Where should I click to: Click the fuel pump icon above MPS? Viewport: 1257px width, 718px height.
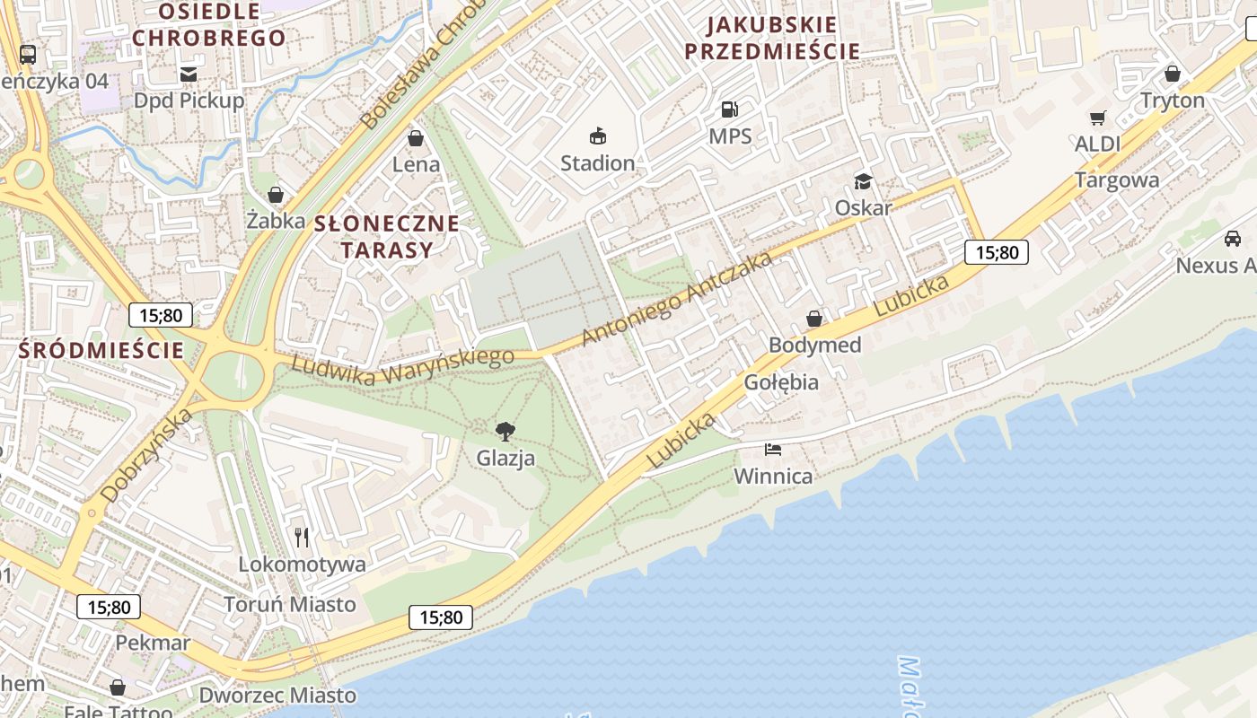click(729, 109)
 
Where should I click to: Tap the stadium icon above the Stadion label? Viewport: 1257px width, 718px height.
click(597, 136)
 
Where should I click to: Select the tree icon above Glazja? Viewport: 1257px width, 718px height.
click(505, 431)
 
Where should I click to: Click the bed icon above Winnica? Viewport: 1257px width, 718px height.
click(773, 449)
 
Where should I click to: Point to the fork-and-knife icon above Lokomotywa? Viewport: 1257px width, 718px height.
click(302, 538)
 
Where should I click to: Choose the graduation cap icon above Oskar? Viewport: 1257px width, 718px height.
click(863, 181)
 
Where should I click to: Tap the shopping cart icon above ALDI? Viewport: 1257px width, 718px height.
click(1097, 118)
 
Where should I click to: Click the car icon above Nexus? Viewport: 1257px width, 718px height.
click(1233, 239)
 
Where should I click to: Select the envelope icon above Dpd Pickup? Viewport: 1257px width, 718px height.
click(189, 74)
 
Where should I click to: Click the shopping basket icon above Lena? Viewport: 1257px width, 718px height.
click(416, 138)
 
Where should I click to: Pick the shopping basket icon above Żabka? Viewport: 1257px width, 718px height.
click(276, 195)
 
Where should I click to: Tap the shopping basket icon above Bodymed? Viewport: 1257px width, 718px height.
click(814, 319)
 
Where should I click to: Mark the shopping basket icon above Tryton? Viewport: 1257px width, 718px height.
click(1172, 74)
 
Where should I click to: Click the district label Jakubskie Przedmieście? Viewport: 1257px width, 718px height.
click(772, 38)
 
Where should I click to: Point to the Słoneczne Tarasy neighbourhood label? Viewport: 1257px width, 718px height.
click(386, 236)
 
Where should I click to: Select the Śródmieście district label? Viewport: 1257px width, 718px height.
click(101, 350)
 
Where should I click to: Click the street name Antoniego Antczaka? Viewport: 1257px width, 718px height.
click(677, 298)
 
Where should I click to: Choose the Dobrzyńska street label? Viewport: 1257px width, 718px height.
click(147, 455)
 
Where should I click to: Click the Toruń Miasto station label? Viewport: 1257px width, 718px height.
click(289, 604)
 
